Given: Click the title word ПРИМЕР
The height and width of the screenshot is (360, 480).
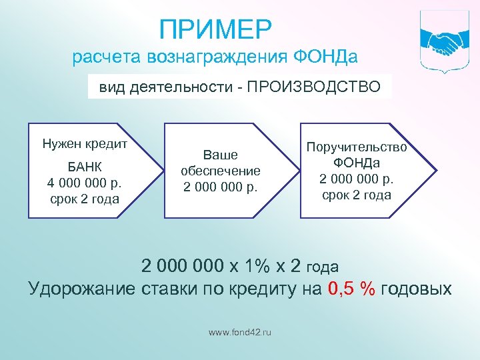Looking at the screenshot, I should pos(216,29).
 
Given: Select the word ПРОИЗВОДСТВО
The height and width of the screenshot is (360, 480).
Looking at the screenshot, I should pos(313,87).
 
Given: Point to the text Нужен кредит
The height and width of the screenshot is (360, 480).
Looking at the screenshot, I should pos(85,143).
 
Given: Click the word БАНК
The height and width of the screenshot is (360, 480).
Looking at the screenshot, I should pos(83,167).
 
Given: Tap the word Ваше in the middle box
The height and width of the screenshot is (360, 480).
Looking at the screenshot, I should pos(220,155).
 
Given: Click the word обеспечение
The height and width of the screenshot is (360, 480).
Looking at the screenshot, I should pos(220,171).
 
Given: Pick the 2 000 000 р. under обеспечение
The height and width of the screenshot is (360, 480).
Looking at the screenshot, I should pos(220,187).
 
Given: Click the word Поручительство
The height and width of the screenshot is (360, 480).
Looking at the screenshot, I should pos(357,147).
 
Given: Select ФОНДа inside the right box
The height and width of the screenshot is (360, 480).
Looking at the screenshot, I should pos(357,163).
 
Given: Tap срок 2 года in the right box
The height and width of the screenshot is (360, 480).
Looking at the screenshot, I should pos(357,195).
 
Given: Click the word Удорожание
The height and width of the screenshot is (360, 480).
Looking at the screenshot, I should pos(82,289).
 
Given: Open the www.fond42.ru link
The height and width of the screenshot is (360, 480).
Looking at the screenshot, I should pos(240,332).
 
